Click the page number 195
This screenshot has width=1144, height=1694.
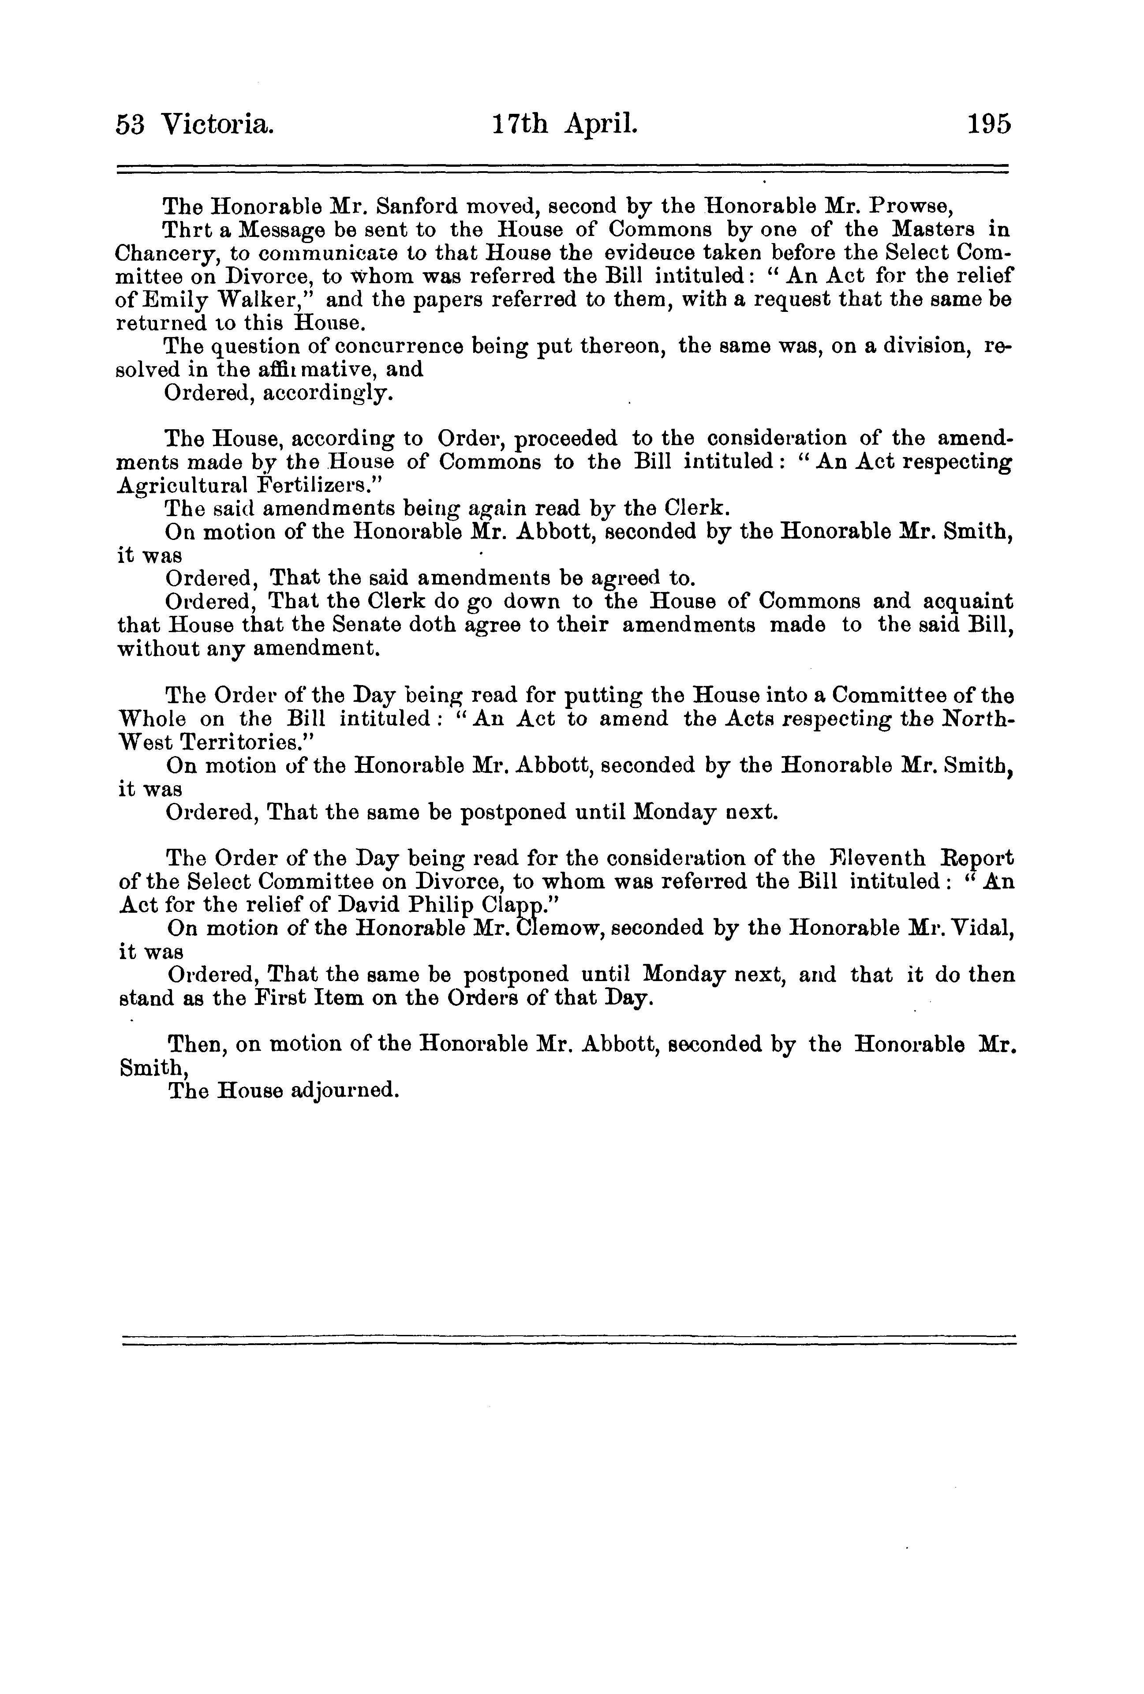989,125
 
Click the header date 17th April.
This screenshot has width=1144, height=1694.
565,125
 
